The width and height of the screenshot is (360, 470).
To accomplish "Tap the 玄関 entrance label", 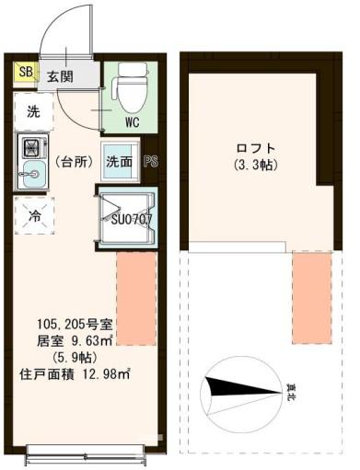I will [61, 75].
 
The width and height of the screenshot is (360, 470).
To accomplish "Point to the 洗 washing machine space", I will [33, 113].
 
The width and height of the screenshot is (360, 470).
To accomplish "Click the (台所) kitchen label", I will [75, 162].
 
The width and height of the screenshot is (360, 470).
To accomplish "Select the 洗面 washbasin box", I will [119, 162].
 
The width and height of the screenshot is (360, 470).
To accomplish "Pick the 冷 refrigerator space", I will [33, 218].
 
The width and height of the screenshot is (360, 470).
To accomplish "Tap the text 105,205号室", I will [75, 325].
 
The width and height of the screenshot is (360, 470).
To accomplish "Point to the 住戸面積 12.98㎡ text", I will [75, 373].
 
